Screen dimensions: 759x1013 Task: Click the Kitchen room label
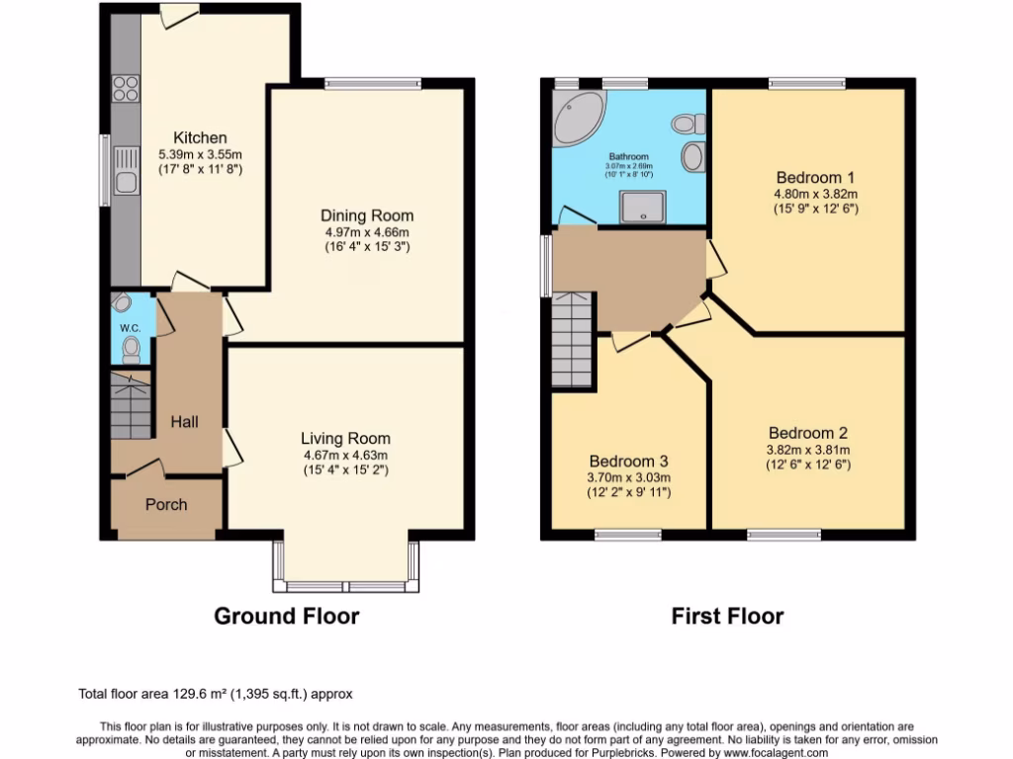(201, 137)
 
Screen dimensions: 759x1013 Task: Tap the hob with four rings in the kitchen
(126, 89)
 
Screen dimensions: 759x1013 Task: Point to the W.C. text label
(131, 327)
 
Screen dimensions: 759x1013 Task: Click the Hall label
(185, 422)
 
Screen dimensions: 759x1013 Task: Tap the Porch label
(166, 504)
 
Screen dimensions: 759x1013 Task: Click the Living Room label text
(346, 439)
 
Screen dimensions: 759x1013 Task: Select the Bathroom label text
(628, 156)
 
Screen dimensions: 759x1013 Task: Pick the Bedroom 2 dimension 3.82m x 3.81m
(808, 449)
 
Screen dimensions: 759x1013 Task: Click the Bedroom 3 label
(629, 462)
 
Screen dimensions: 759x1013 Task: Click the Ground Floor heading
(287, 617)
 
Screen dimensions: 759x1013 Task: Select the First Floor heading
(727, 617)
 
